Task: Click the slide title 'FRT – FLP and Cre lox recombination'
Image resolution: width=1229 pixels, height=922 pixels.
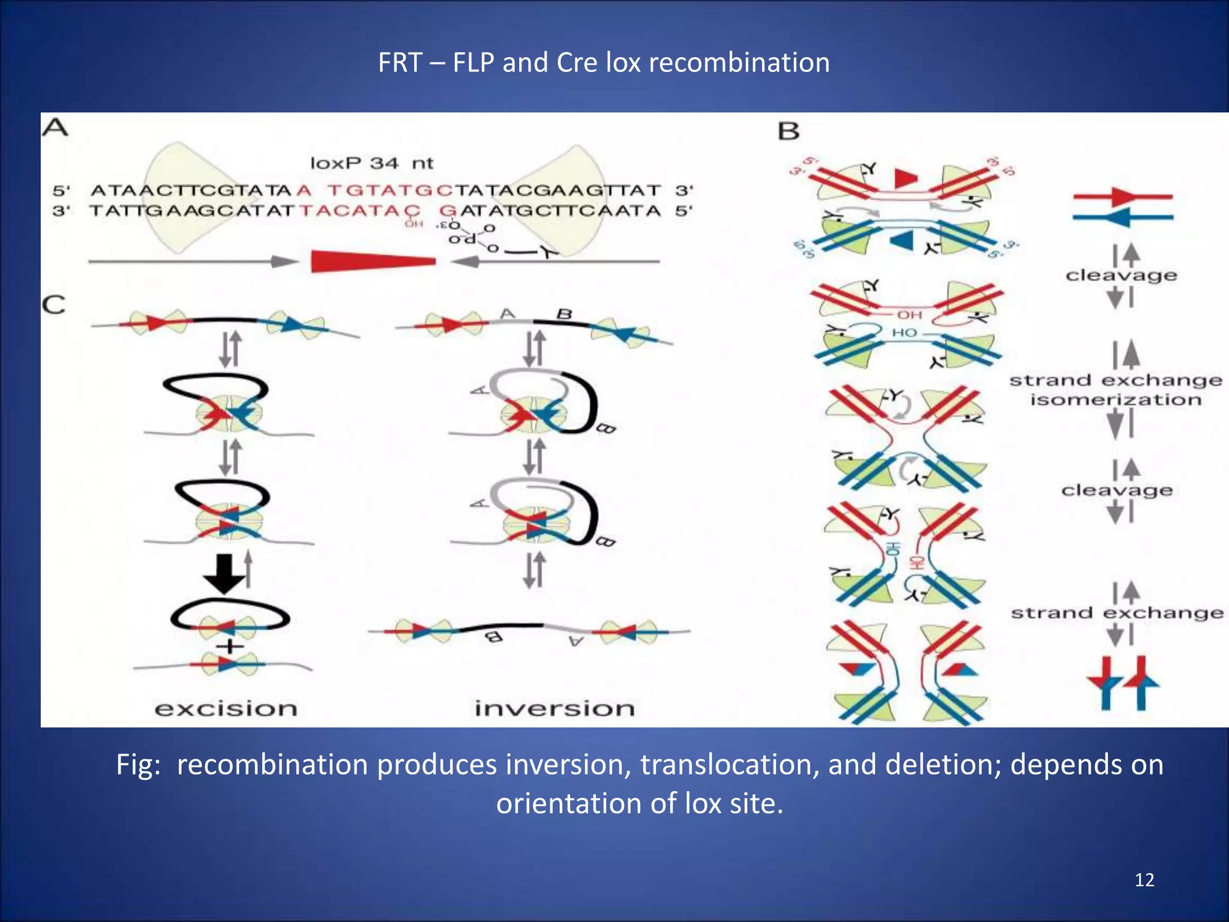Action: pos(604,62)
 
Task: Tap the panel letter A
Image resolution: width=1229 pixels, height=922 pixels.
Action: pos(55,128)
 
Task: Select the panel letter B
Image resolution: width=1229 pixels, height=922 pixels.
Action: pos(789,131)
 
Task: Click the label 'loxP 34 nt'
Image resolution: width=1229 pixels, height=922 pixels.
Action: pos(371,163)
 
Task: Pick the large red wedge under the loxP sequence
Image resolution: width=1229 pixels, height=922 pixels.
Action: pos(372,261)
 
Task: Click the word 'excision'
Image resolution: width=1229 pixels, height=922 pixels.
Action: pos(226,708)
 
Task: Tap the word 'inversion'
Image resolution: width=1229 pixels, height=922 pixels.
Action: pos(554,708)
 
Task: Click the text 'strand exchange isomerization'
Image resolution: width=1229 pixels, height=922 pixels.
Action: pos(1116,390)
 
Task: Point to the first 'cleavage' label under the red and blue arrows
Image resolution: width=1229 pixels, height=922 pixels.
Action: pos(1121,276)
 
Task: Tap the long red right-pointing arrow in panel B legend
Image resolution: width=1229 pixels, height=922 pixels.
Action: pos(1122,196)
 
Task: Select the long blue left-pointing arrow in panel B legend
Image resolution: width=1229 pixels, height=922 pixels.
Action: pos(1122,217)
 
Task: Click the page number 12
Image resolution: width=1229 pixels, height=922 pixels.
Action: pos(1144,880)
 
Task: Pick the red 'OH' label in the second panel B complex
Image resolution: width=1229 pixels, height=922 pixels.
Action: pos(909,315)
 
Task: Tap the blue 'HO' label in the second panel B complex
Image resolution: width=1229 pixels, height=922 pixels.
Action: pos(904,333)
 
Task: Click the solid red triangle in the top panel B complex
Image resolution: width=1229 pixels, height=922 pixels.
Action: pos(906,178)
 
